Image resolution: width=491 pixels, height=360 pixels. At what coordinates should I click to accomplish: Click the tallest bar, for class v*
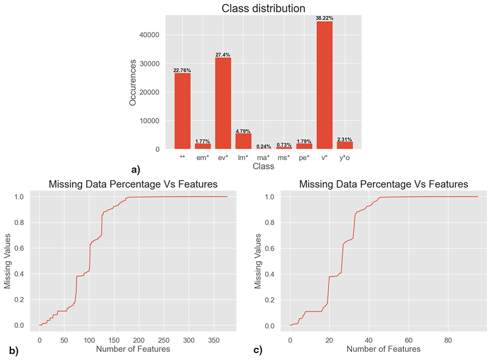tap(325, 85)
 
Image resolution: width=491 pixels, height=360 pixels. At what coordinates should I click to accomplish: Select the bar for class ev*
tap(223, 103)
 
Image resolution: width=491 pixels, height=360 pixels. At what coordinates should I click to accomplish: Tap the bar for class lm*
tap(244, 141)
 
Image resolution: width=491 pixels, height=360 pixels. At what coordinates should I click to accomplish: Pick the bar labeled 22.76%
tap(182, 111)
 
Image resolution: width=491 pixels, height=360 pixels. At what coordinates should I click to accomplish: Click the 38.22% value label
tap(325, 18)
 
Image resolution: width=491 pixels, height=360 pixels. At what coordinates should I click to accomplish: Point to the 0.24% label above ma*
tap(263, 146)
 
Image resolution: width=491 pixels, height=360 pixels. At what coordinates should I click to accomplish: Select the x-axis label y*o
tap(345, 158)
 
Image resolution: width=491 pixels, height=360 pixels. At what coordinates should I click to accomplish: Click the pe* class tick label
tap(304, 158)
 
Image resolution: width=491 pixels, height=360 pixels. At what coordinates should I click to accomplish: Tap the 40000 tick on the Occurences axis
tap(149, 35)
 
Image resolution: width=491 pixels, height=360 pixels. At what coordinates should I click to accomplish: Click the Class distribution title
tap(263, 8)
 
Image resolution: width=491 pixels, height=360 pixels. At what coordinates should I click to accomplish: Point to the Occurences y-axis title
tap(133, 83)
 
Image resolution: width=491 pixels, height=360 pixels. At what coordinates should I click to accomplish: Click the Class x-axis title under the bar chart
tap(263, 166)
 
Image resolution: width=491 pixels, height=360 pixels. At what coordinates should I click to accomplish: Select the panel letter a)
tap(136, 170)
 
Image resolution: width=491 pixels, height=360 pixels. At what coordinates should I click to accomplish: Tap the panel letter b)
tap(14, 351)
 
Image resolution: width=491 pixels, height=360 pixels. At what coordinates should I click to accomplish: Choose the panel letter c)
tap(258, 350)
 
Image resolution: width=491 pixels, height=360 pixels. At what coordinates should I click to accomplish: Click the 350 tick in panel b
tap(214, 340)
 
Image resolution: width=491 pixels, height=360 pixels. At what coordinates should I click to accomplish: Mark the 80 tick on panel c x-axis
tap(448, 340)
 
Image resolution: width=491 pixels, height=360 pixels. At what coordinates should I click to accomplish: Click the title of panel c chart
tap(383, 184)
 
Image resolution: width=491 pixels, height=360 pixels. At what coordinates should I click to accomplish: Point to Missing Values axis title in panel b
tap(7, 261)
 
